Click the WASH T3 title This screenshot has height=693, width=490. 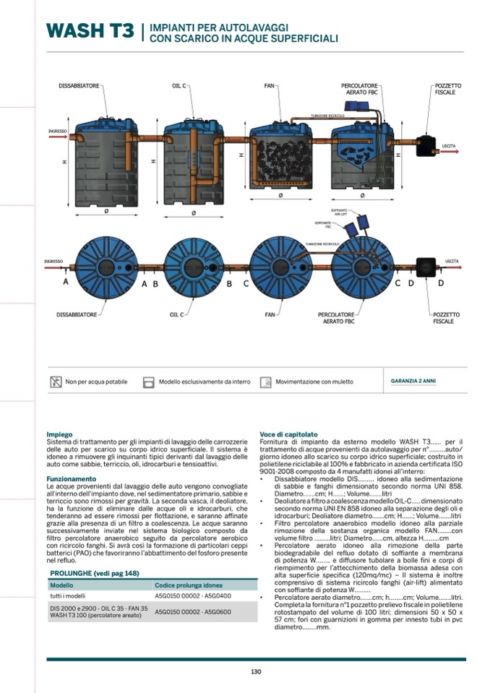[x=90, y=31]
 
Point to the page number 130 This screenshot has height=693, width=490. [x=256, y=671]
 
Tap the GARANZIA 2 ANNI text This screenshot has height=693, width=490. [x=413, y=381]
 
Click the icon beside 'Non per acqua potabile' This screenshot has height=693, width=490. [x=56, y=382]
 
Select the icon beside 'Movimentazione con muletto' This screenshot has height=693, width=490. [x=265, y=382]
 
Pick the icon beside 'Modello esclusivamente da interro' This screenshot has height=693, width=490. [x=149, y=382]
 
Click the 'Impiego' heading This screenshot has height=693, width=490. [x=59, y=434]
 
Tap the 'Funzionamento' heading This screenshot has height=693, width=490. [x=72, y=478]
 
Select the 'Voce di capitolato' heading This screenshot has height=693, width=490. [x=288, y=434]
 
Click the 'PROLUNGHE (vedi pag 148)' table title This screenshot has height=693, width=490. [x=94, y=573]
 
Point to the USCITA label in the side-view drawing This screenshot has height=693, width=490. [x=449, y=147]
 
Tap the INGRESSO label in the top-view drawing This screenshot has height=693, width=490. [x=53, y=261]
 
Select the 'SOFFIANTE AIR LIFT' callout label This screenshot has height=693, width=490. [x=339, y=211]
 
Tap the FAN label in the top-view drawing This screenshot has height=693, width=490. [x=271, y=315]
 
